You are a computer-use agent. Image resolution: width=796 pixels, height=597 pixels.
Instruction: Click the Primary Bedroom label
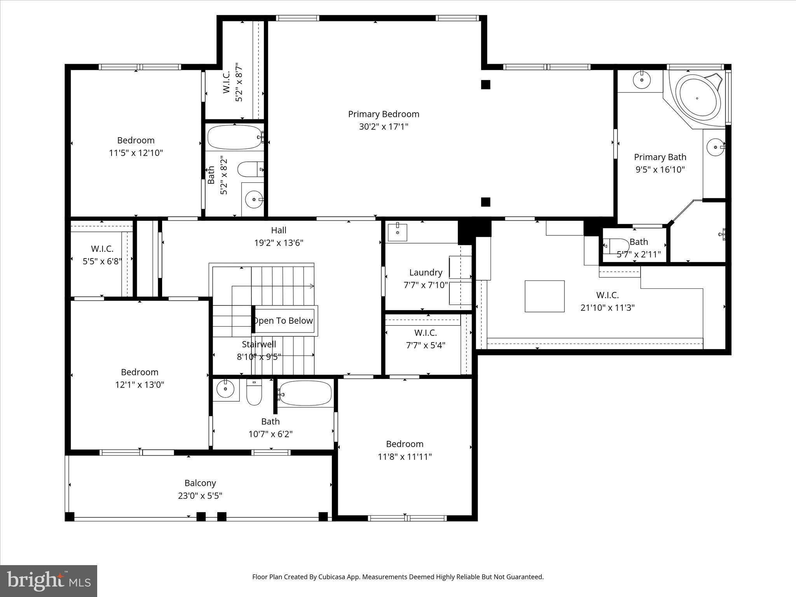click(383, 114)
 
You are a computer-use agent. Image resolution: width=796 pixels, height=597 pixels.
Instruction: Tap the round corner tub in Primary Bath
click(697, 98)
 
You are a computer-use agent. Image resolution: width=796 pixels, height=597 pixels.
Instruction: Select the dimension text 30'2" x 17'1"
click(383, 127)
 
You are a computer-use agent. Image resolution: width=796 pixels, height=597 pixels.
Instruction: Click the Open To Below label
click(284, 321)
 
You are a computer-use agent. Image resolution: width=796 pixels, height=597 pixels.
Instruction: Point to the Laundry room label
click(426, 272)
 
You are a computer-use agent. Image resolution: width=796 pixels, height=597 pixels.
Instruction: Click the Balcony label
click(200, 483)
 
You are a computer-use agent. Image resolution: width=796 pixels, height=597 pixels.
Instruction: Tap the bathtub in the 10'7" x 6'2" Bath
click(305, 393)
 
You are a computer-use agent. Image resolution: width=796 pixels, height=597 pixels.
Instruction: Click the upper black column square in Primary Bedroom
click(485, 84)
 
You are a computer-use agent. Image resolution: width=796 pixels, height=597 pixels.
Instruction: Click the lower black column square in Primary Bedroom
click(485, 202)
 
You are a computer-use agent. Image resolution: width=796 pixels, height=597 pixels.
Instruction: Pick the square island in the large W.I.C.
click(544, 296)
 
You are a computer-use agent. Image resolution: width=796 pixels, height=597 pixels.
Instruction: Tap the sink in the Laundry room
click(397, 232)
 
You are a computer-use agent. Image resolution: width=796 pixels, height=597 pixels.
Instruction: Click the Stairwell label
click(259, 344)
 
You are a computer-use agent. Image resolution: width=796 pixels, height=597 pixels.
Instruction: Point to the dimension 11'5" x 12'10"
click(136, 153)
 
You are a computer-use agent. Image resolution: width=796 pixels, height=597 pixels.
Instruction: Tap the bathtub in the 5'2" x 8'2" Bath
click(234, 137)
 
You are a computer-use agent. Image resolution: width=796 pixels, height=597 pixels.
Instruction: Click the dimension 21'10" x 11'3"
click(607, 308)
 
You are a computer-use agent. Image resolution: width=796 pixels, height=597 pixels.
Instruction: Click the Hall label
click(279, 230)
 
